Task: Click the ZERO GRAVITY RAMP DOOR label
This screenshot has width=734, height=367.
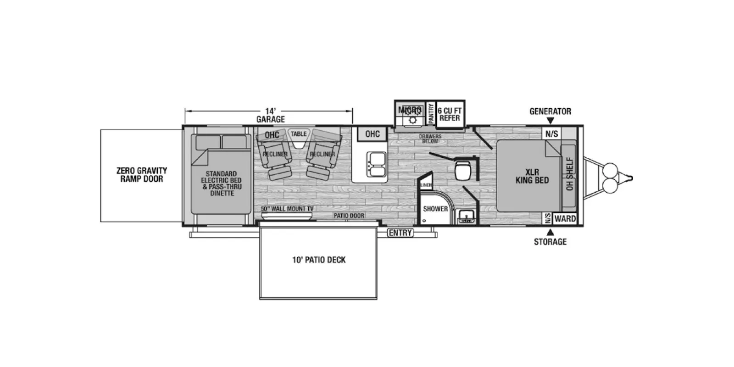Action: [142, 175]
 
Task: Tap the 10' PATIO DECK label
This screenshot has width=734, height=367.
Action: [319, 260]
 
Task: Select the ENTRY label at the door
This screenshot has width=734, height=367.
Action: [400, 233]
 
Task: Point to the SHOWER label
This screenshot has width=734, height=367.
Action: [435, 209]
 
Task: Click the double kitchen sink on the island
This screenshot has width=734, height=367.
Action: [377, 164]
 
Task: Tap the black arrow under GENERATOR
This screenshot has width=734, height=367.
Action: [550, 121]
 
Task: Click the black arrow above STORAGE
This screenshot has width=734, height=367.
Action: [550, 232]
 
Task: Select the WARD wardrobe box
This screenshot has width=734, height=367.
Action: [565, 218]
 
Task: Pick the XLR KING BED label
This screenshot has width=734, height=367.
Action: [532, 176]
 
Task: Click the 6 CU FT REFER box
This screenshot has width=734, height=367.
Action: [450, 114]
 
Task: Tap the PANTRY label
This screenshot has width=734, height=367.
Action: [431, 113]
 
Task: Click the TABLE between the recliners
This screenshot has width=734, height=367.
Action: [299, 138]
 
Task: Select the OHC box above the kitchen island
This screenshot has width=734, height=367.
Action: [373, 134]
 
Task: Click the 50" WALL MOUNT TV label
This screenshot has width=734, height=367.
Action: [287, 209]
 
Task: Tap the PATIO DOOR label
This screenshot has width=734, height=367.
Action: [349, 216]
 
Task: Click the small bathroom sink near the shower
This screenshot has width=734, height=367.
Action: [467, 216]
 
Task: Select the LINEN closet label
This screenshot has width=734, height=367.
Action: [426, 185]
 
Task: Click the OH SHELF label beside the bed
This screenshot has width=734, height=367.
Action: [570, 174]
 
